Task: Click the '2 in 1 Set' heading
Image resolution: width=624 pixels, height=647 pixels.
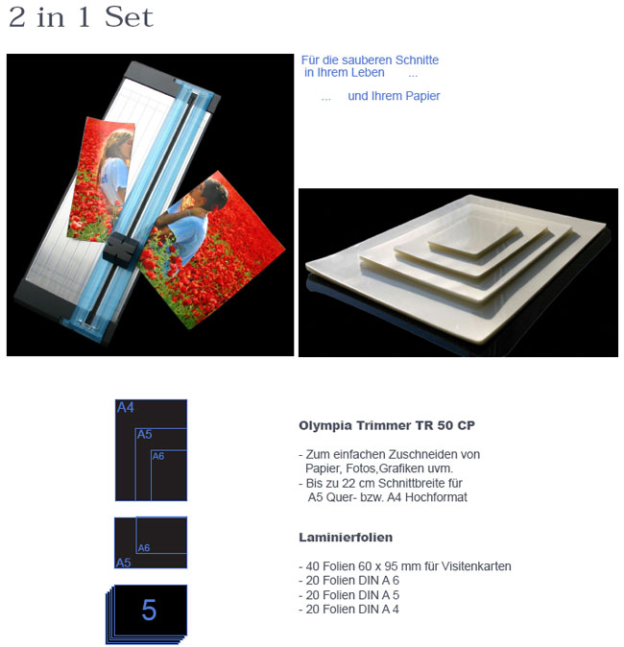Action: [81, 17]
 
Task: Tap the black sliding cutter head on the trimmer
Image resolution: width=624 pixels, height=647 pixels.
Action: [120, 249]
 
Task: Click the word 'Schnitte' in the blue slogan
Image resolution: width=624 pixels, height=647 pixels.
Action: [417, 60]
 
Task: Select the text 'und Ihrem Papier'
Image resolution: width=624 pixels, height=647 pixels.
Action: [394, 96]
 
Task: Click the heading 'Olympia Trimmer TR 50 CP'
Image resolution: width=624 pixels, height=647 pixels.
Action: [387, 425]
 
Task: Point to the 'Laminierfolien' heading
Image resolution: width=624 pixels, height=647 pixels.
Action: [346, 538]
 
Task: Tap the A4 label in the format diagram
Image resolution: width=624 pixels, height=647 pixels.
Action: [126, 408]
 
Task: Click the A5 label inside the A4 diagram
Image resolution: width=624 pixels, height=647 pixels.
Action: [144, 435]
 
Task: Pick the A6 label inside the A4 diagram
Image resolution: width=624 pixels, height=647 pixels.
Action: [158, 456]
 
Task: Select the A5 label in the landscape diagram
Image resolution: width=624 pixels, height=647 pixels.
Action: [123, 563]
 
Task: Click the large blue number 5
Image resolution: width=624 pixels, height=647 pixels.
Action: [149, 611]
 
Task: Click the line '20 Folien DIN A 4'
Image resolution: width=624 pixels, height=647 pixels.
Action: [348, 610]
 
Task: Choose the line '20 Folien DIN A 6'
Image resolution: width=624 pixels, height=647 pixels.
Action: [348, 581]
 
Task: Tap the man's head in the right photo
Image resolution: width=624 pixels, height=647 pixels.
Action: [212, 193]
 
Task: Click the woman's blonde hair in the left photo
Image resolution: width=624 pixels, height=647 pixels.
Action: [118, 142]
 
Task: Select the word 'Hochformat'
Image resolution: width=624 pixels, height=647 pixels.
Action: [436, 497]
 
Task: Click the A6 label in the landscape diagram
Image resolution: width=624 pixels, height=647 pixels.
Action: [144, 548]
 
